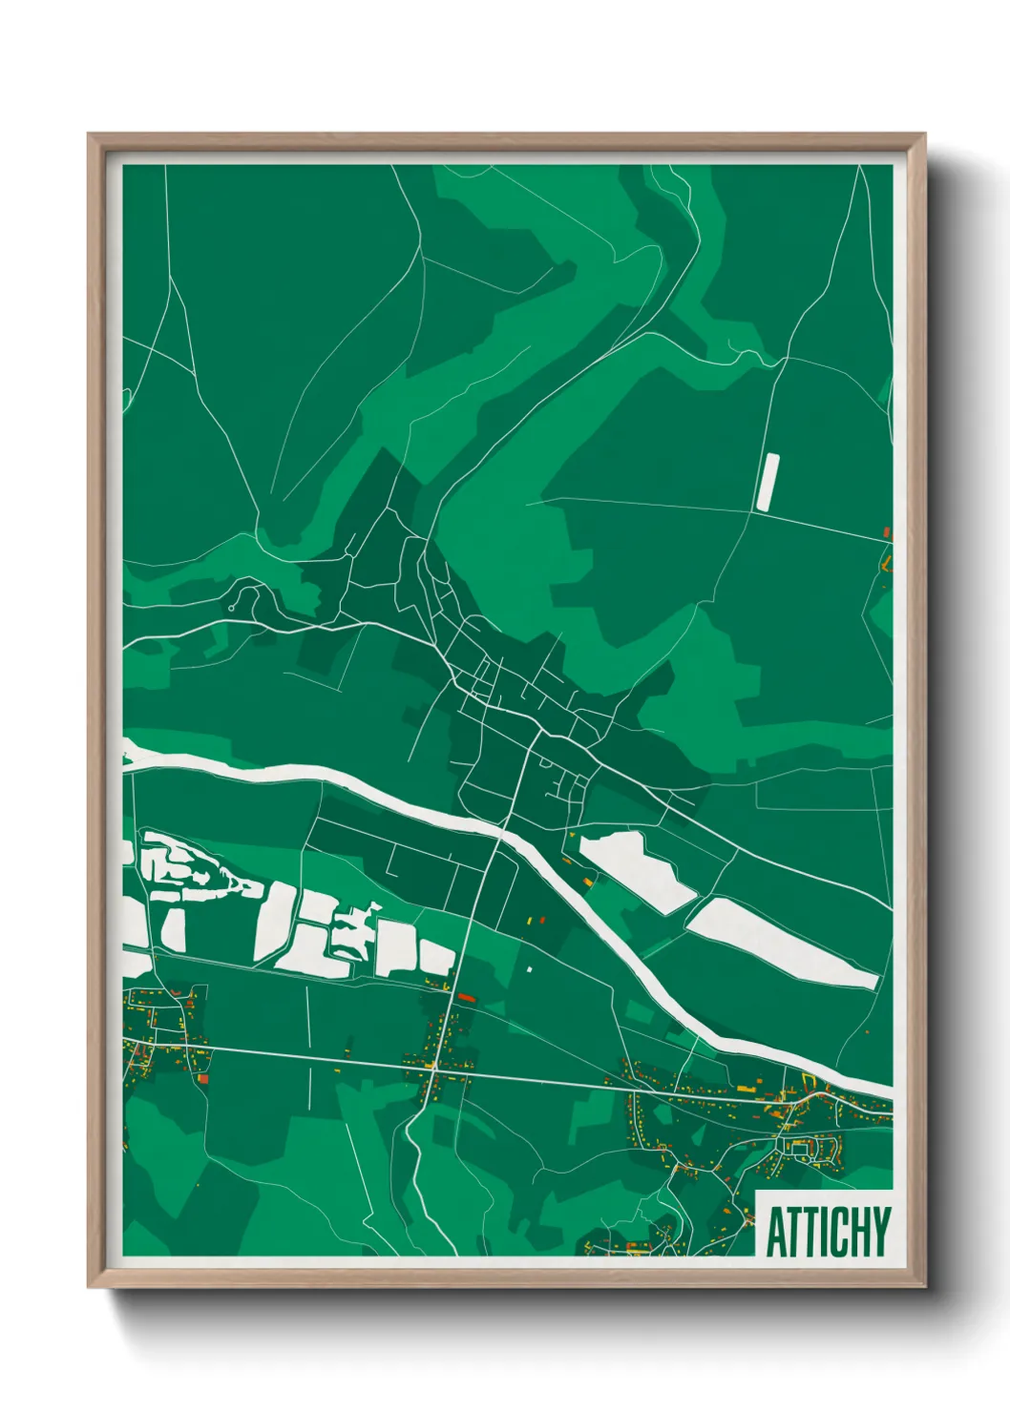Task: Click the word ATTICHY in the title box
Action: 827,1232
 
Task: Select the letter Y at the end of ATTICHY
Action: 880,1232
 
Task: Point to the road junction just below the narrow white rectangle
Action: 754,511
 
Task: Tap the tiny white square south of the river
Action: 529,969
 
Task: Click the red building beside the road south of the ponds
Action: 466,997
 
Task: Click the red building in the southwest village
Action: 203,1078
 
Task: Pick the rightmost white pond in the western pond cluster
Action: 437,958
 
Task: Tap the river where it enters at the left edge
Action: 130,754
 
